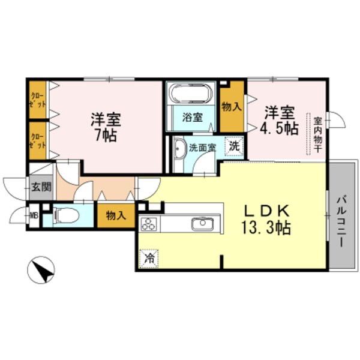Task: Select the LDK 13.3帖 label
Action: coord(268,219)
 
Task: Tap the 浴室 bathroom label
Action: coord(193,118)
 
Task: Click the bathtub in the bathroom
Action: coord(189,94)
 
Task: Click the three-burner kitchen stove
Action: coord(148,225)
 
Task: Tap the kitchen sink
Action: coord(201,225)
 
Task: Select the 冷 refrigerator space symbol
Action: coord(148,259)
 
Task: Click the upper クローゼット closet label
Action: coord(38,100)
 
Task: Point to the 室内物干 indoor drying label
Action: coord(316,133)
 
